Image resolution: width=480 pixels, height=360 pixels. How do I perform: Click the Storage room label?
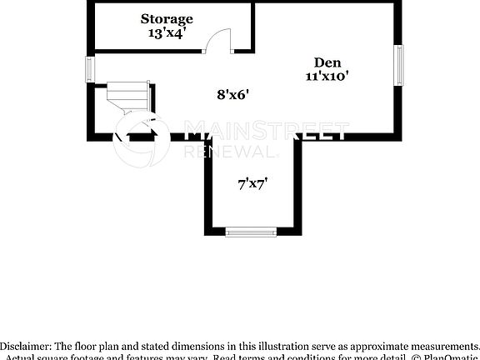167,18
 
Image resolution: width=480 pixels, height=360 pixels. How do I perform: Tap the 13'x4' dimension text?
167,33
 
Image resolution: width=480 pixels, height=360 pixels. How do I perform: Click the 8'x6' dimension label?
233,95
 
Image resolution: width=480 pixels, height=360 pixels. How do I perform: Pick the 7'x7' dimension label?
252,186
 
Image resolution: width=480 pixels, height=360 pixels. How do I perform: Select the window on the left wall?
90,69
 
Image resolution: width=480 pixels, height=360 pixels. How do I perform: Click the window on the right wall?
399,67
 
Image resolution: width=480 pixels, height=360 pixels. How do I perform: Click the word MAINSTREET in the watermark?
265,132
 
